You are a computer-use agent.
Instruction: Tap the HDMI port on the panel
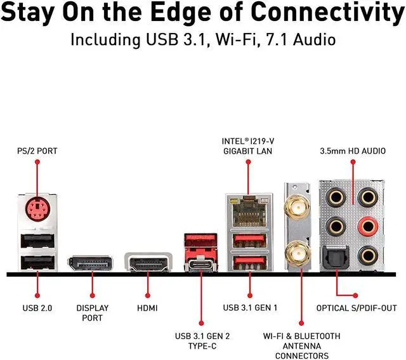point(148,262)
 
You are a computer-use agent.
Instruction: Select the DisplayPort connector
point(91,263)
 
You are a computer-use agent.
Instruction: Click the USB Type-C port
point(202,262)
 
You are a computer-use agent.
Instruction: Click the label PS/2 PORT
point(37,152)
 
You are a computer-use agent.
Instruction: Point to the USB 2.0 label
point(37,309)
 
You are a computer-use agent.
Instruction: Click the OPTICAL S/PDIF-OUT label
point(357,309)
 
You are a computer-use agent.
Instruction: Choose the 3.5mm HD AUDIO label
point(351,152)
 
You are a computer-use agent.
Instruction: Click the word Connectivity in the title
point(318,11)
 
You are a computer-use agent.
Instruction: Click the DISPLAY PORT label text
point(92,313)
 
